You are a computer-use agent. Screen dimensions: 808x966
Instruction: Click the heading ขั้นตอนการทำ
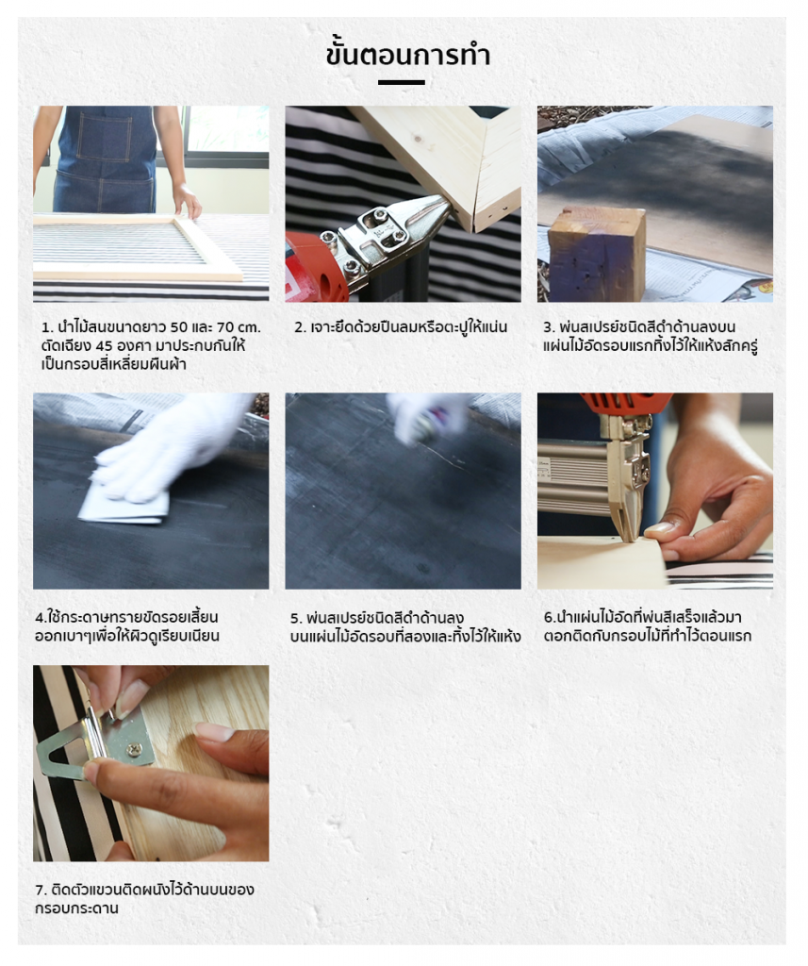coord(407,55)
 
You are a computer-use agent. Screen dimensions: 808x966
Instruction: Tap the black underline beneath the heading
coord(401,82)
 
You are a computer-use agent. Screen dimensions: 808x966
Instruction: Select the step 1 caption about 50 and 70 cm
coord(151,345)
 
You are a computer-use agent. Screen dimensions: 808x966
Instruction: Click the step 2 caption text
coord(401,326)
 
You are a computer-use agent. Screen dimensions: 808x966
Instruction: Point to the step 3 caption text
coord(650,336)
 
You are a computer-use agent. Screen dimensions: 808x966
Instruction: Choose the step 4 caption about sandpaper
coord(127,626)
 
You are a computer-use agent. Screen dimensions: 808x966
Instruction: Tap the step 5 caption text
coord(405,626)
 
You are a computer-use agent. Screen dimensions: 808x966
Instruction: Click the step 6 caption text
coord(648,626)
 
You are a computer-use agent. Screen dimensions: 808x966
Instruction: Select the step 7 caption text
coord(145,898)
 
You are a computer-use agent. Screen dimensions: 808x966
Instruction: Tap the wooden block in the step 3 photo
coord(597,253)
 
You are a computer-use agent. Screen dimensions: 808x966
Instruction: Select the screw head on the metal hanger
coord(135,749)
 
